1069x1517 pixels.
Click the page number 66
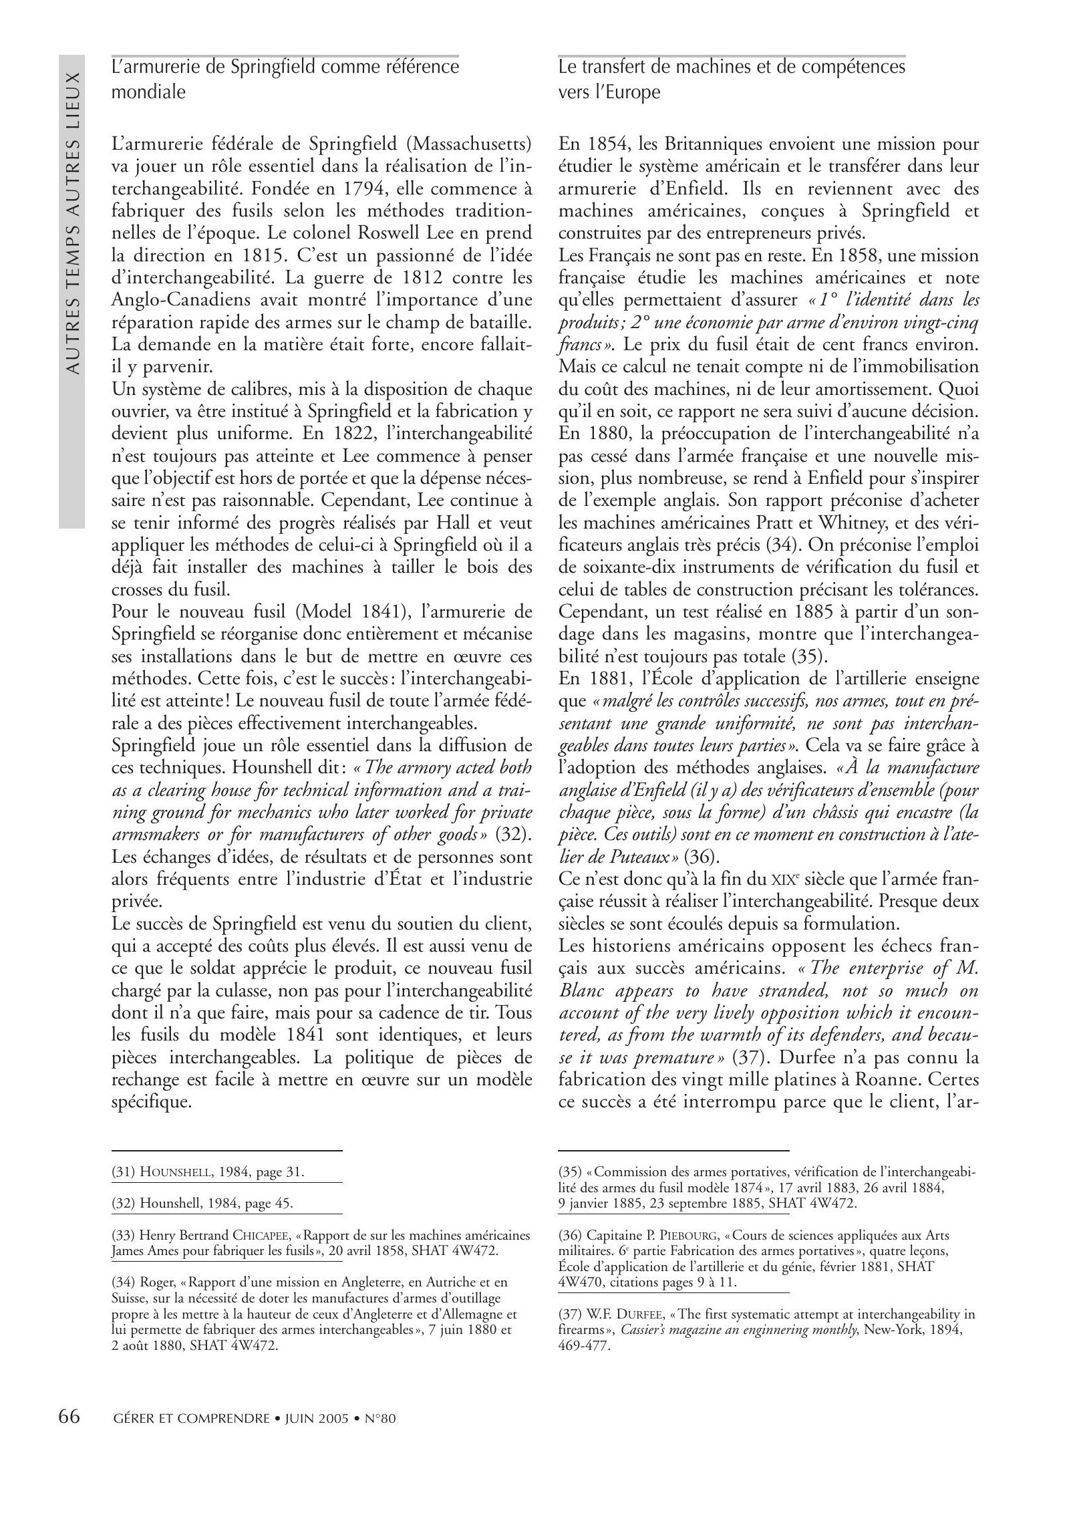69,1416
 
